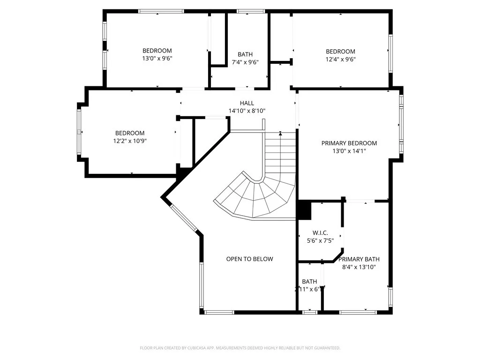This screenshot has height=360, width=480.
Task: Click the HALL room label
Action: click(x=247, y=103)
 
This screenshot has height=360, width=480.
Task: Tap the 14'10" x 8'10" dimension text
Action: click(x=247, y=111)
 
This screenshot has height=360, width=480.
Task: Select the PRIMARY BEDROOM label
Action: click(x=349, y=143)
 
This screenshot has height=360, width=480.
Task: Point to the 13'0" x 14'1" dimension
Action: click(x=349, y=151)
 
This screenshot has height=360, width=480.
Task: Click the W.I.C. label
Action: click(x=320, y=233)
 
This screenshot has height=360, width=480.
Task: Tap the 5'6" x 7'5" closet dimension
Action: click(x=320, y=241)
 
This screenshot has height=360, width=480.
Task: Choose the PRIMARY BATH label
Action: click(x=359, y=259)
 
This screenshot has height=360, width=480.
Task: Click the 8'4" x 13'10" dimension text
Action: click(x=359, y=267)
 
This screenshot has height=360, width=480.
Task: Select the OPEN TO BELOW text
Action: click(x=249, y=259)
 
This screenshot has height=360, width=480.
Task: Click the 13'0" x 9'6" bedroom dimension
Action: click(x=157, y=59)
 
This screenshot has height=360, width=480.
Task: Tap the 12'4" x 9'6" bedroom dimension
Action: click(x=340, y=59)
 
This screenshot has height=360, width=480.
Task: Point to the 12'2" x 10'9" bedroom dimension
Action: click(x=130, y=141)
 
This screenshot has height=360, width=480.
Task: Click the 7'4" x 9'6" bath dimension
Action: click(x=245, y=62)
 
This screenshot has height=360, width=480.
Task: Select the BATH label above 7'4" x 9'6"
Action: click(x=245, y=54)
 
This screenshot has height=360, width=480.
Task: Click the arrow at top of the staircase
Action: click(x=280, y=134)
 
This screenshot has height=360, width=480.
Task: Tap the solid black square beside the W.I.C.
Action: click(x=304, y=210)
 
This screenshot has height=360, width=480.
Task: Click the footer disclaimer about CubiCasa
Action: click(x=240, y=348)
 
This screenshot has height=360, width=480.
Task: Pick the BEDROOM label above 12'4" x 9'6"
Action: click(x=340, y=51)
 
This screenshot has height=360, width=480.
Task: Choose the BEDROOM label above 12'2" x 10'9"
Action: click(x=130, y=133)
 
